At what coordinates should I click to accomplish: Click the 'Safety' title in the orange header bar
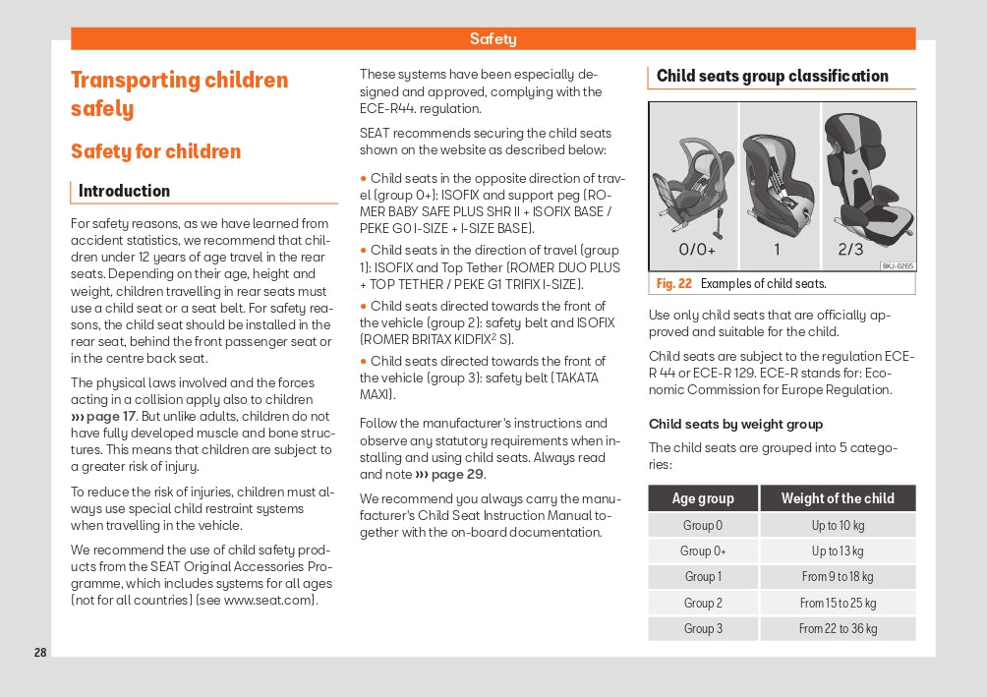point(493,39)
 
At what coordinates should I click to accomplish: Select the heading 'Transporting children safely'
point(179,93)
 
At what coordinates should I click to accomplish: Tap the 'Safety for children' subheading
point(155,151)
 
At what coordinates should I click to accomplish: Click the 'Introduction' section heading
point(124,191)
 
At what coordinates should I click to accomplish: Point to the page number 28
point(40,652)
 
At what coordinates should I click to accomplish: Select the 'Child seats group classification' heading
point(772,76)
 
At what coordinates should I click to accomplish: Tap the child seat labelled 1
point(777,182)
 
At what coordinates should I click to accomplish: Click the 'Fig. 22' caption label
point(674,284)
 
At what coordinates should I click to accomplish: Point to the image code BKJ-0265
point(897,265)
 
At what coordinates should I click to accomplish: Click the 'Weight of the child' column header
point(838,498)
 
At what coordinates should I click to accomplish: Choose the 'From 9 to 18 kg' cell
point(838,577)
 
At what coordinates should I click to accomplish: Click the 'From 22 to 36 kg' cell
point(838,629)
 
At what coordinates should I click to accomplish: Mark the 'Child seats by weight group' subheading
point(735,424)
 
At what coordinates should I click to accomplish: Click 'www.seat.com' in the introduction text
point(268,601)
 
